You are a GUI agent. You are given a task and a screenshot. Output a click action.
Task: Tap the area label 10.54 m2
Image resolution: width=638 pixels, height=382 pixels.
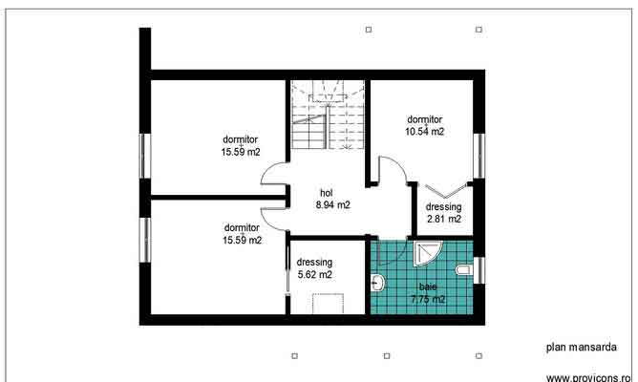point(425,132)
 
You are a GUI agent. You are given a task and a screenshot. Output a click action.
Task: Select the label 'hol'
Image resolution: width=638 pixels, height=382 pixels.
point(326,192)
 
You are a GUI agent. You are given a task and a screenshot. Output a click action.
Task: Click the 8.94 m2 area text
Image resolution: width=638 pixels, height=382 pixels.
point(332,204)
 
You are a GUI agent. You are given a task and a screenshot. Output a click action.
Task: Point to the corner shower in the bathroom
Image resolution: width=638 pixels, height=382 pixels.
point(426,252)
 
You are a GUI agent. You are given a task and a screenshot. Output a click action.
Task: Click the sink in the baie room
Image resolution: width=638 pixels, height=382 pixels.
point(376,284)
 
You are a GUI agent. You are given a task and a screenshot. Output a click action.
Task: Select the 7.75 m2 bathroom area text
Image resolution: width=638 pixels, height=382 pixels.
point(427,299)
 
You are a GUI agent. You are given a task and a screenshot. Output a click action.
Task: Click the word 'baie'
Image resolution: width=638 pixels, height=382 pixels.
point(426,286)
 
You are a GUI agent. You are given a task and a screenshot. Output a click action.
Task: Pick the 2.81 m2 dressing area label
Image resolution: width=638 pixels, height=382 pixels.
point(443,219)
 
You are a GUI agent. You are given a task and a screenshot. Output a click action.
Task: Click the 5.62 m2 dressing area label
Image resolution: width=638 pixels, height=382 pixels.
point(314,274)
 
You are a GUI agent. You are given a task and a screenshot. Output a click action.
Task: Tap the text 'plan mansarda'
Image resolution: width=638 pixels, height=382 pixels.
point(581,349)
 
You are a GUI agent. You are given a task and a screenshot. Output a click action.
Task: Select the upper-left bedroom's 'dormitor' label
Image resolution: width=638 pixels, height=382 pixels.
point(242,138)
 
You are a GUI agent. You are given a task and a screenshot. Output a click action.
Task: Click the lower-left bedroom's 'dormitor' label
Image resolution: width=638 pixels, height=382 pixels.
point(242,227)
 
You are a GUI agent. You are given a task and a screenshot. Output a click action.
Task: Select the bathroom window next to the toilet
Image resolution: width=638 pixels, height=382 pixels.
point(481,271)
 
